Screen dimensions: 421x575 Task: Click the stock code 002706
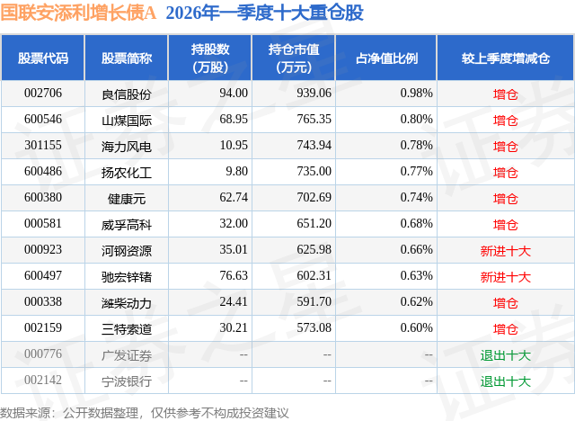coord(43,93)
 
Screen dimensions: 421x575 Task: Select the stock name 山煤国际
coord(127,120)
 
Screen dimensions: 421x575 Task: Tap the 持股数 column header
coord(210,58)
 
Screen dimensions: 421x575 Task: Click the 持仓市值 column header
coord(294,58)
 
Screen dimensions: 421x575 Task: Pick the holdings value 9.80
coord(235,172)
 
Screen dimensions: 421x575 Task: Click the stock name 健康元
coord(127,198)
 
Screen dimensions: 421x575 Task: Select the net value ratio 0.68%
coord(416,224)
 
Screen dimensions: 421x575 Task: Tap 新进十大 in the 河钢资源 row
coord(505,250)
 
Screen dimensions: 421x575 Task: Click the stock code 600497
coord(43,276)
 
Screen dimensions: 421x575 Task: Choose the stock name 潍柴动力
coord(127,303)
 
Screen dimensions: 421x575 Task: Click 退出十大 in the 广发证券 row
coord(505,355)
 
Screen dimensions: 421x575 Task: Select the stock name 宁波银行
coord(127,381)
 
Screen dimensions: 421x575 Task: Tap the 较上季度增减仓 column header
coord(505,58)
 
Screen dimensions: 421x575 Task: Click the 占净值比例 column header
coord(394,58)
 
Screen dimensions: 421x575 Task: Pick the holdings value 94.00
coord(233,93)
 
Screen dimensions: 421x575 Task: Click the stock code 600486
coord(43,172)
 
